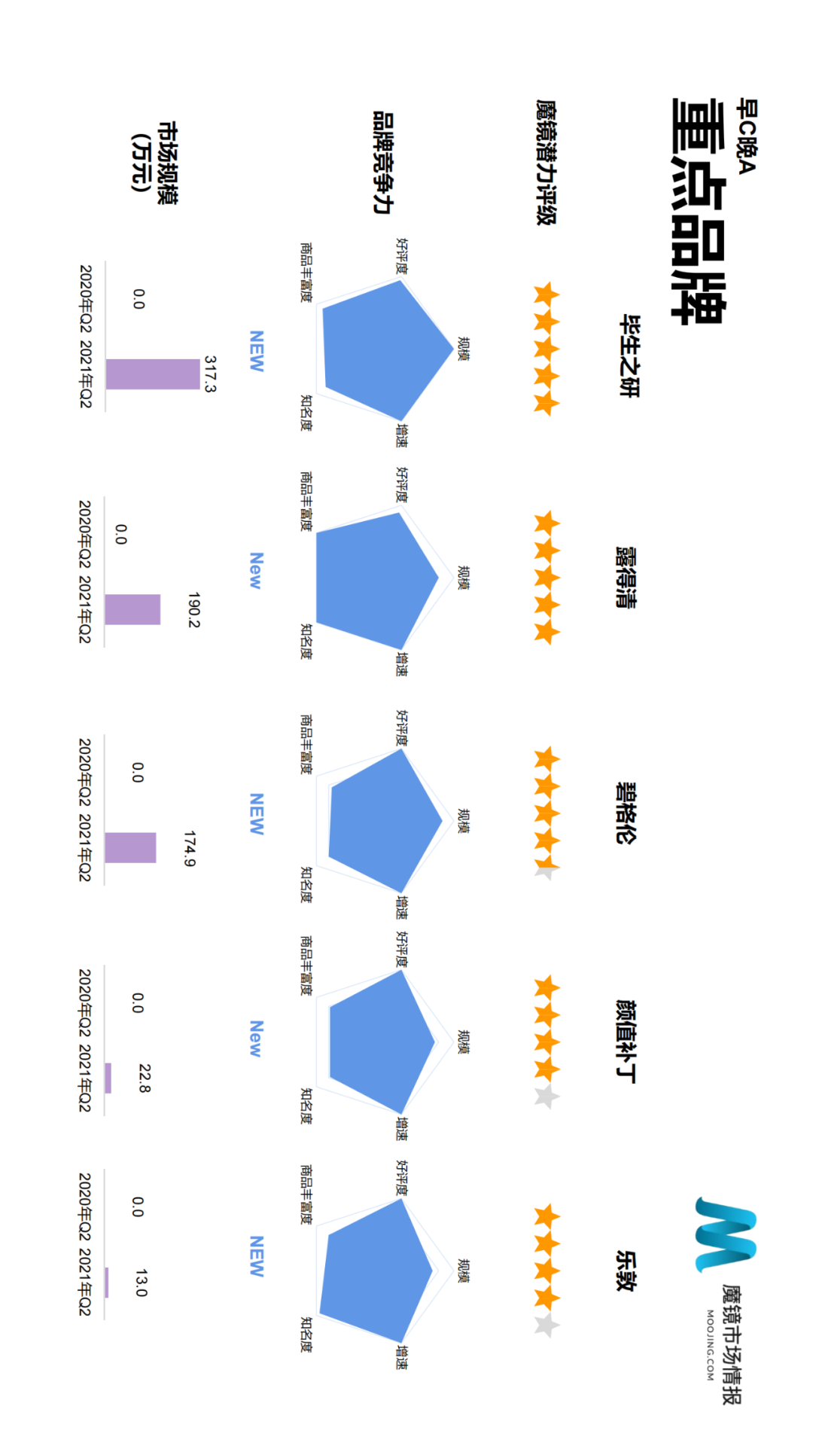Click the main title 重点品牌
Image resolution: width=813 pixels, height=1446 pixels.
pyautogui.click(x=698, y=212)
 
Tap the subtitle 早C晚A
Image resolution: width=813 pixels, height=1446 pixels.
pyautogui.click(x=746, y=136)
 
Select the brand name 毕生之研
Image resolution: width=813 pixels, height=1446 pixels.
pyautogui.click(x=629, y=355)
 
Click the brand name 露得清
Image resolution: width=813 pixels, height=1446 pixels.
pyautogui.click(x=626, y=578)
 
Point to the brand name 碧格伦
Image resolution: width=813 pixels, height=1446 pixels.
pyautogui.click(x=626, y=813)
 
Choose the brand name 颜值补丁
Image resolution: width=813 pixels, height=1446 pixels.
pyautogui.click(x=626, y=1042)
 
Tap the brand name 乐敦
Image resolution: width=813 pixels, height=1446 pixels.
pyautogui.click(x=626, y=1271)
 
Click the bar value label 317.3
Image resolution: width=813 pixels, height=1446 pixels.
pyautogui.click(x=210, y=374)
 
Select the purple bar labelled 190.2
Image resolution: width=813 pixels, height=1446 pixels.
pyautogui.click(x=132, y=609)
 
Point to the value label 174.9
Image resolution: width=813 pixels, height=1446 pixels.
pyautogui.click(x=189, y=849)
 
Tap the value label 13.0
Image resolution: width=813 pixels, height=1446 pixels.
pyautogui.click(x=141, y=1283)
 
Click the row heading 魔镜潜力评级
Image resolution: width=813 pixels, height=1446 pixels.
pyautogui.click(x=546, y=162)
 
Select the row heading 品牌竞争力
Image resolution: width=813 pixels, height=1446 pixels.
pyautogui.click(x=384, y=163)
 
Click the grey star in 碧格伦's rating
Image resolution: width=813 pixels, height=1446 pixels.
pyautogui.click(x=547, y=869)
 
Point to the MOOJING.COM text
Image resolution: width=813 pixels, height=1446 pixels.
pyautogui.click(x=710, y=1345)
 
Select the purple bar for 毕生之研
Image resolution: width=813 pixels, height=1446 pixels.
pyautogui.click(x=153, y=374)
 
